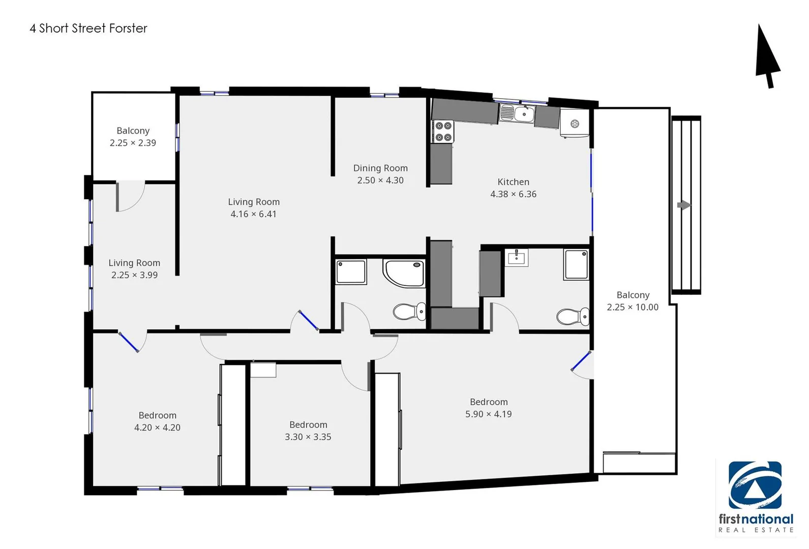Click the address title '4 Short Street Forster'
[88, 28]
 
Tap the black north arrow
[767, 56]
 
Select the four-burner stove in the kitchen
[443, 131]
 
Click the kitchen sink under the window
[517, 113]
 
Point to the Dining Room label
[380, 168]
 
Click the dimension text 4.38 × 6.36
[513, 194]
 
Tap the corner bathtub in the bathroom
[405, 273]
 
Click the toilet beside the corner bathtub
[409, 311]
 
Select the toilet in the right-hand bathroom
[573, 316]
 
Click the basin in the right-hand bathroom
[517, 257]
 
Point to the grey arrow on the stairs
[684, 205]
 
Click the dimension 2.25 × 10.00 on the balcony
[633, 307]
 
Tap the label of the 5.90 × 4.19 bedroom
[488, 402]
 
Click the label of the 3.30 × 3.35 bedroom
[308, 425]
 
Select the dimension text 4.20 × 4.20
[157, 428]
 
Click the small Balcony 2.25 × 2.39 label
[133, 131]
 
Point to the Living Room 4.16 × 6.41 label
[254, 202]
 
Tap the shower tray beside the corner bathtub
[351, 271]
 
